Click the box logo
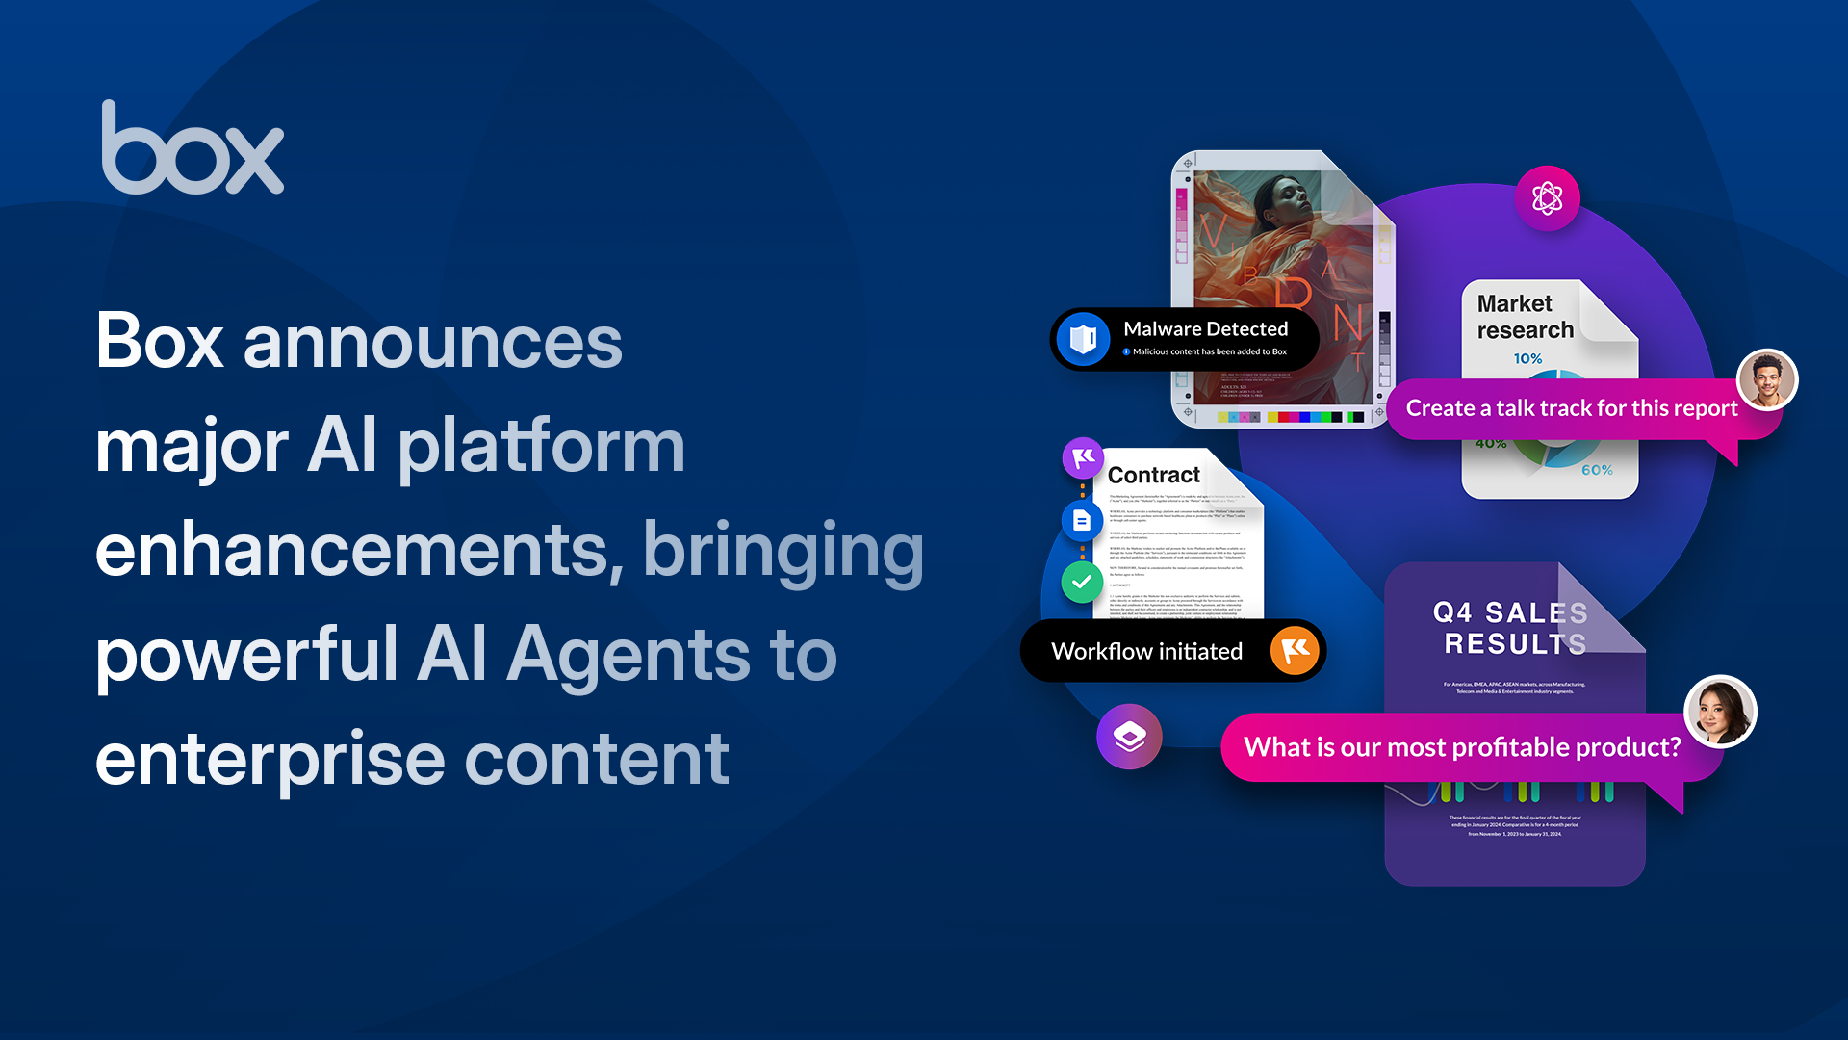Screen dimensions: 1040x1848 [192, 149]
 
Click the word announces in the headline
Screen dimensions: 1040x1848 [433, 343]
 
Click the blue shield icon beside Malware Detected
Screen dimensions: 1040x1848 [1084, 339]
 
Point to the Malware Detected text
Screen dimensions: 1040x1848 [1205, 329]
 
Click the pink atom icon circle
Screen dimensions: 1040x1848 [1547, 198]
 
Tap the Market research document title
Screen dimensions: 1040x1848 [1525, 317]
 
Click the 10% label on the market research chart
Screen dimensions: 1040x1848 [1527, 359]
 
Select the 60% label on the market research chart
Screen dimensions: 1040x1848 [1597, 470]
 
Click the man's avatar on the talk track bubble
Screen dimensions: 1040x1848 [1767, 380]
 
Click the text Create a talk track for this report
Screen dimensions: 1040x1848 [1571, 408]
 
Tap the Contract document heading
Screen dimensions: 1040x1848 [1153, 475]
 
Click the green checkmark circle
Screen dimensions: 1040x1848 [1082, 582]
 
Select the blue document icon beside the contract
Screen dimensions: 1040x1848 [1082, 521]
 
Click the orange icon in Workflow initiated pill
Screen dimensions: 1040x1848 [1295, 651]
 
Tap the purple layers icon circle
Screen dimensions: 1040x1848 [1129, 737]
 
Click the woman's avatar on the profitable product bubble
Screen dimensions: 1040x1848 [1720, 713]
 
